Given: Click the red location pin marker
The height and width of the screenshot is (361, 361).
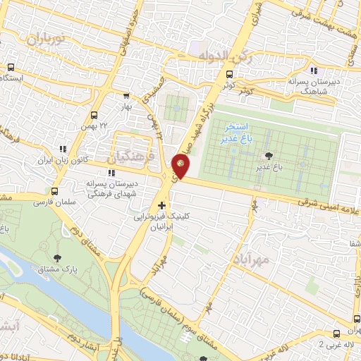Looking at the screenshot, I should [x=181, y=165].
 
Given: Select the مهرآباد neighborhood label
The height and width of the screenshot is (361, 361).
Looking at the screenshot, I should [x=250, y=257].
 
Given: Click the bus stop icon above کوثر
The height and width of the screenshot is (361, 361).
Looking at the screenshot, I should [x=229, y=74].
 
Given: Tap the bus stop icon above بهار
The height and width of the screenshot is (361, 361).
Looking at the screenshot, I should [x=126, y=97].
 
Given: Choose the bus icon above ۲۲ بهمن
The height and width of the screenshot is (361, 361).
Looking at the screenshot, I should [x=94, y=115].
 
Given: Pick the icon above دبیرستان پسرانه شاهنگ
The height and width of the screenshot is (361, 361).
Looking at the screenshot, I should [x=314, y=71].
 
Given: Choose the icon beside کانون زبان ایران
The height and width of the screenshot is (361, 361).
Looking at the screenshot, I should [x=63, y=149].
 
